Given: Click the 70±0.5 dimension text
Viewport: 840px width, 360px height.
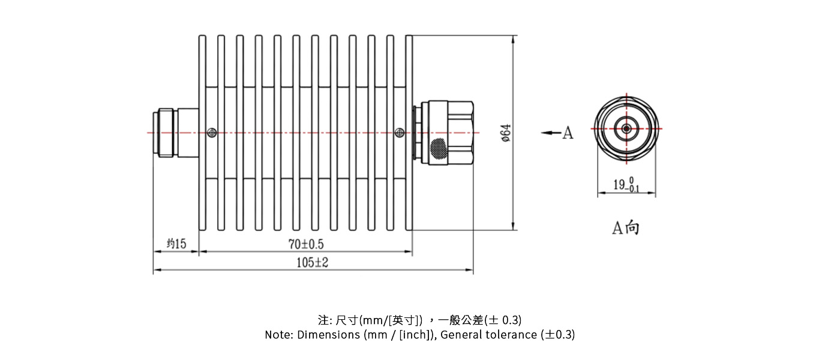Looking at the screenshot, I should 306,244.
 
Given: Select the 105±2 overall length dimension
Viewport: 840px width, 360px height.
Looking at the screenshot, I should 313,263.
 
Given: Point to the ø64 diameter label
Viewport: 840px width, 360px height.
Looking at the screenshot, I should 506,133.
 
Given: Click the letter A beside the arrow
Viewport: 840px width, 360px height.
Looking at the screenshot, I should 568,133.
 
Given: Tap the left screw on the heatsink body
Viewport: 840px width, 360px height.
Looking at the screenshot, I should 211,133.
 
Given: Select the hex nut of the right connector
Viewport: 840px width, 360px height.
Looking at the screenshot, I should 459,133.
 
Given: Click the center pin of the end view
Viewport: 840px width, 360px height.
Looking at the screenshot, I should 626,128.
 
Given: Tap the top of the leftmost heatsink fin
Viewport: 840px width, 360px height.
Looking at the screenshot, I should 202,38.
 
